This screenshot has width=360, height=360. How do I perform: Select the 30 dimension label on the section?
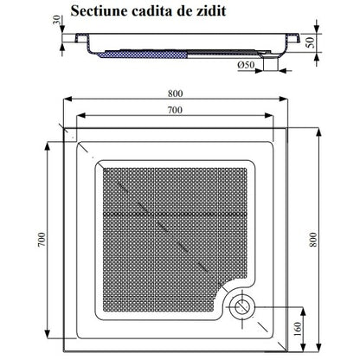click(x=57, y=20)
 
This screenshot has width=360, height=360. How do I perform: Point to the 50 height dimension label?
click(x=311, y=42)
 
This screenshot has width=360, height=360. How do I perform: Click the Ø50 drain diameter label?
click(x=246, y=65)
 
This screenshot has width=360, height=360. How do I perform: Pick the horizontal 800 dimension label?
click(x=176, y=93)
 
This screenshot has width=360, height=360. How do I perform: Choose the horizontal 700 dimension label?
click(x=175, y=110)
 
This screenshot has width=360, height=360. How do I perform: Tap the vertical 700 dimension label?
click(x=42, y=240)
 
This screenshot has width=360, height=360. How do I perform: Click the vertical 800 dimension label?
click(x=313, y=240)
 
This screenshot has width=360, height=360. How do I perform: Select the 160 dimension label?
click(x=298, y=329)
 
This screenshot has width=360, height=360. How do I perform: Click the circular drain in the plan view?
click(x=241, y=306)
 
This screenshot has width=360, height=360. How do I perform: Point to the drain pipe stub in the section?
click(x=271, y=64)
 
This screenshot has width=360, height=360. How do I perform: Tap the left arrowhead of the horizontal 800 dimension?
click(x=67, y=99)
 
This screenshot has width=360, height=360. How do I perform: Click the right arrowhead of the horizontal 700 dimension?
click(x=269, y=115)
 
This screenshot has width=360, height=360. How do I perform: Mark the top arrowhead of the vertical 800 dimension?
click(x=318, y=132)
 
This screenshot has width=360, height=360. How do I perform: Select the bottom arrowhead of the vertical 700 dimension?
click(x=48, y=335)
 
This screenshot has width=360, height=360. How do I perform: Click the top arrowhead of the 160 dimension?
click(x=303, y=311)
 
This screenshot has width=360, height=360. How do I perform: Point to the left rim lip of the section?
click(x=81, y=38)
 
